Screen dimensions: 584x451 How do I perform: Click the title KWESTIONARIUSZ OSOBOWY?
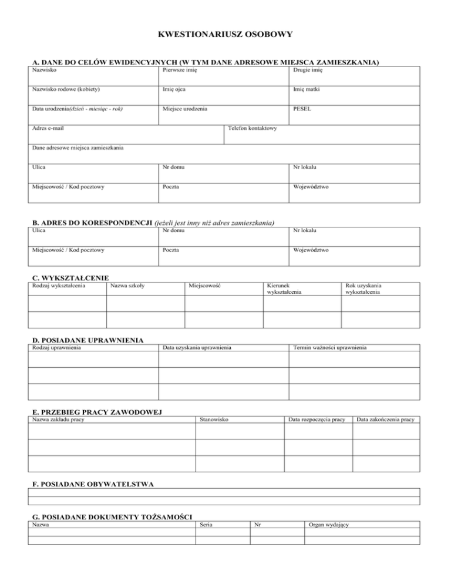pyautogui.click(x=225, y=35)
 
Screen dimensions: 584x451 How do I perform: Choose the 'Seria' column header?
pyautogui.click(x=206, y=524)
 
